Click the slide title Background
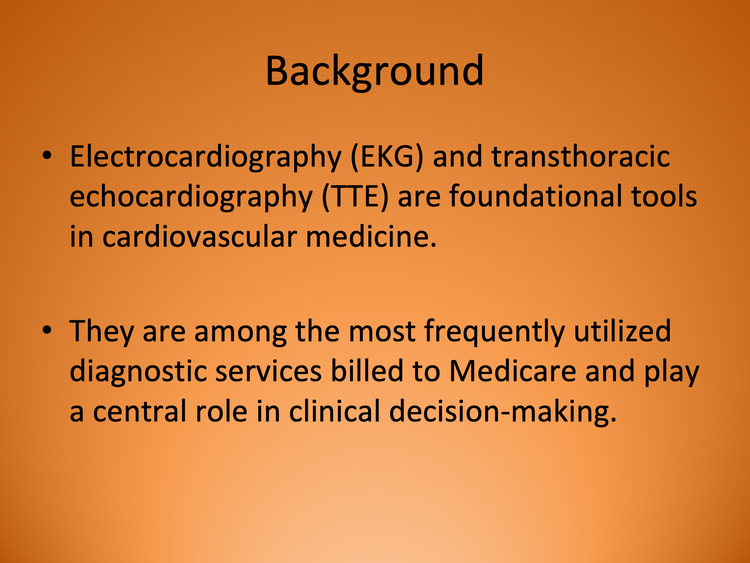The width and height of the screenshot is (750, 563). [x=375, y=71]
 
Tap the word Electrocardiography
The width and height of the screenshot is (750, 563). [x=205, y=157]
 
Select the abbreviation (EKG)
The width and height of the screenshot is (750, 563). [x=387, y=157]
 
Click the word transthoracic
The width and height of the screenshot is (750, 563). [x=580, y=156]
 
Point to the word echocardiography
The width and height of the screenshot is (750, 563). [x=191, y=197]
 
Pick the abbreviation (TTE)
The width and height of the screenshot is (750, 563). [x=355, y=197]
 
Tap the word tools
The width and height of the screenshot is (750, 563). [x=664, y=196]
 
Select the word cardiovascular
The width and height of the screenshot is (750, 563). [x=199, y=237]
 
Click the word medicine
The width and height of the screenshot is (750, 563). [x=371, y=237]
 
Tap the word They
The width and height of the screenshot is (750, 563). [x=102, y=332]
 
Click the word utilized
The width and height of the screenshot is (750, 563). [x=622, y=331]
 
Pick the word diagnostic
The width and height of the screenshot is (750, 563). [x=138, y=372]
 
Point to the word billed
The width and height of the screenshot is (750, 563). [x=367, y=371]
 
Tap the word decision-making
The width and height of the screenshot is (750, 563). [x=503, y=412]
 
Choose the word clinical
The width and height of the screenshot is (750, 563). [x=334, y=411]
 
